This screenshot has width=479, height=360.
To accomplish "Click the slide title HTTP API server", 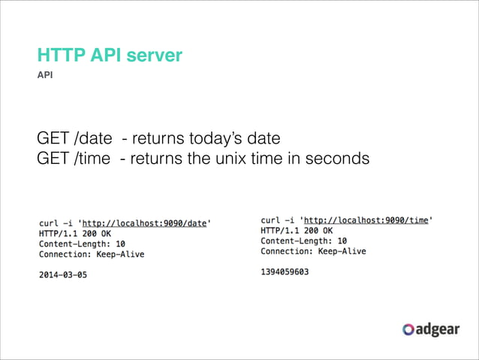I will [110, 56].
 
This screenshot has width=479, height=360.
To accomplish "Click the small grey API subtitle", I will [45, 76].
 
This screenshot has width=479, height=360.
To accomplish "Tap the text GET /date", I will [74, 139].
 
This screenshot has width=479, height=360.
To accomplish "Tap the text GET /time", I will [73, 159].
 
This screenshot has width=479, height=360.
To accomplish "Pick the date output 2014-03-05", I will [62, 275].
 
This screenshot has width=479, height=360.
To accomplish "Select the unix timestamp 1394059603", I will [285, 271].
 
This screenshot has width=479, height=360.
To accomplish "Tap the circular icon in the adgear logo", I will [408, 329].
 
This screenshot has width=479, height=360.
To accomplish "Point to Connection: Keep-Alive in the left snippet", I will [92, 254].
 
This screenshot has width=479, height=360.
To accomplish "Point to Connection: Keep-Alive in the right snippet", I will [313, 251].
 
